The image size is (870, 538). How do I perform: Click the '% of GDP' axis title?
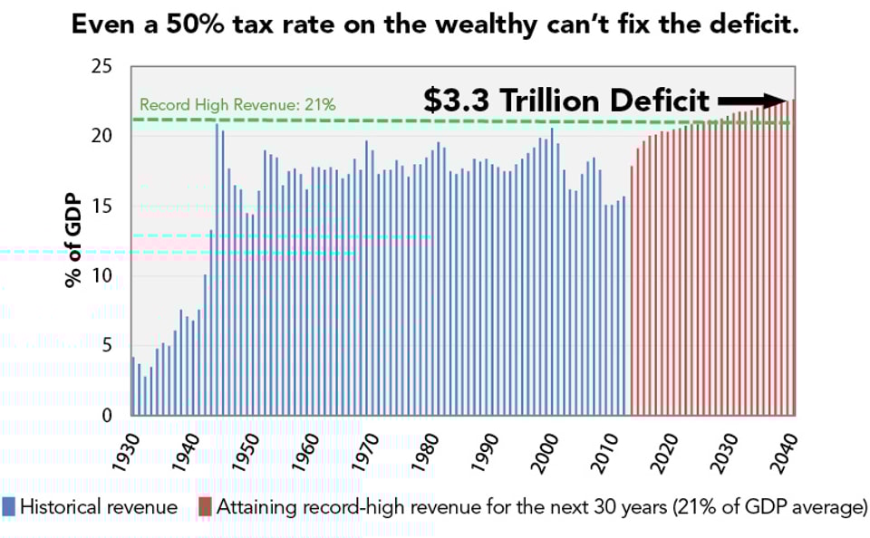[73, 240]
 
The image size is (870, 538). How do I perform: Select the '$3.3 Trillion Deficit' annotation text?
[566, 101]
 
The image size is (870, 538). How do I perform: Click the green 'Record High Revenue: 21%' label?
[237, 105]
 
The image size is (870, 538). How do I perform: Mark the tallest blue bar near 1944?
[217, 272]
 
